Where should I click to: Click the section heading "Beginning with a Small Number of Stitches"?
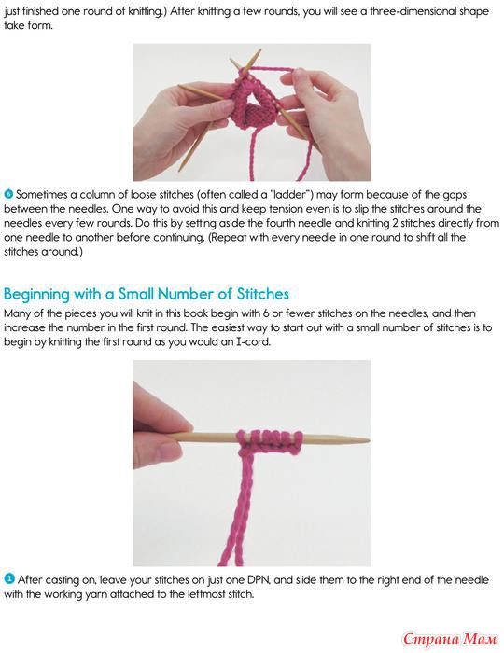(x=147, y=294)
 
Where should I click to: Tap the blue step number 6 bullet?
(x=8, y=194)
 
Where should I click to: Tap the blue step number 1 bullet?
(x=9, y=579)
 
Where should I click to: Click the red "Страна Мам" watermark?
(x=450, y=638)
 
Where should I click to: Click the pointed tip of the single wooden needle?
(x=369, y=439)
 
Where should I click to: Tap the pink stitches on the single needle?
(x=270, y=441)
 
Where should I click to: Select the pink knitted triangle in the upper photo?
(x=252, y=104)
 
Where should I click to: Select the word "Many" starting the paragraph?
(x=16, y=313)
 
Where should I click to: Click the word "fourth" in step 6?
(x=318, y=223)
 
